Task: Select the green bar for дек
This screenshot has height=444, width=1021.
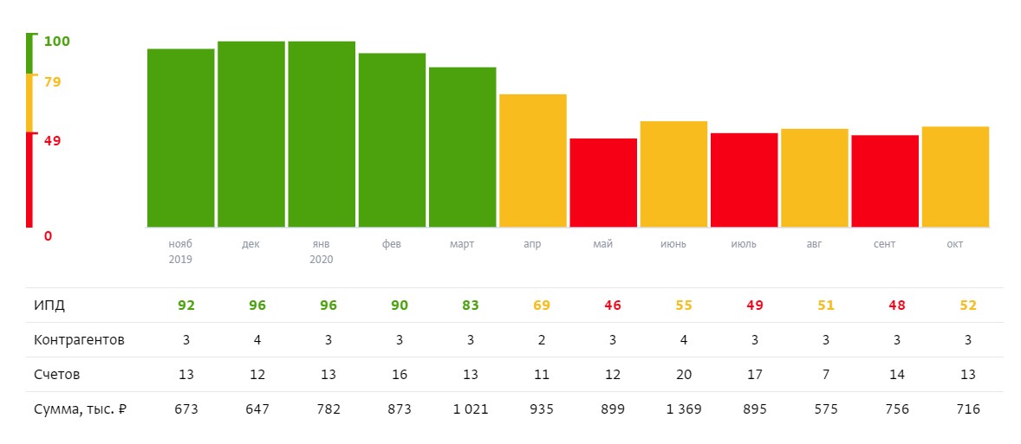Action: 251,134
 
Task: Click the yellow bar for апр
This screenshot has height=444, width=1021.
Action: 533,161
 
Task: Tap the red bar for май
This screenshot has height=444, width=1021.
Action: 603,183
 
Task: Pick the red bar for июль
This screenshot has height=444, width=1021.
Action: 745,180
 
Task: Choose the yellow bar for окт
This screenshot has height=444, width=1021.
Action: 955,177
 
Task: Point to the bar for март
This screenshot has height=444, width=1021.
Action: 462,147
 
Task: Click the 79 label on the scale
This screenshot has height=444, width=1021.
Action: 53,82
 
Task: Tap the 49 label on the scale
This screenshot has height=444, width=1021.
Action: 53,140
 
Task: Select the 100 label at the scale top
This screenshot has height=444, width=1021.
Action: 56,42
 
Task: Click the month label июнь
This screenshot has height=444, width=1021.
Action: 673,244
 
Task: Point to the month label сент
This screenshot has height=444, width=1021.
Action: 885,244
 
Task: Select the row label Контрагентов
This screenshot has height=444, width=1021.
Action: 80,340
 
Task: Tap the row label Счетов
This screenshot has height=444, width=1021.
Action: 57,375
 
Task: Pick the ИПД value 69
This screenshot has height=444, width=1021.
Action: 541,306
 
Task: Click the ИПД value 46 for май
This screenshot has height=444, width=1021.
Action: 613,306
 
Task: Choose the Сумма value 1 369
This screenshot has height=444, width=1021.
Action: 683,409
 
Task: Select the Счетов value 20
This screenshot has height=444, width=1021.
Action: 683,375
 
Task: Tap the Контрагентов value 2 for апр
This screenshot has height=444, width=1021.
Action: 541,340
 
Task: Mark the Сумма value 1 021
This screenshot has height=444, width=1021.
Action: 471,409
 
